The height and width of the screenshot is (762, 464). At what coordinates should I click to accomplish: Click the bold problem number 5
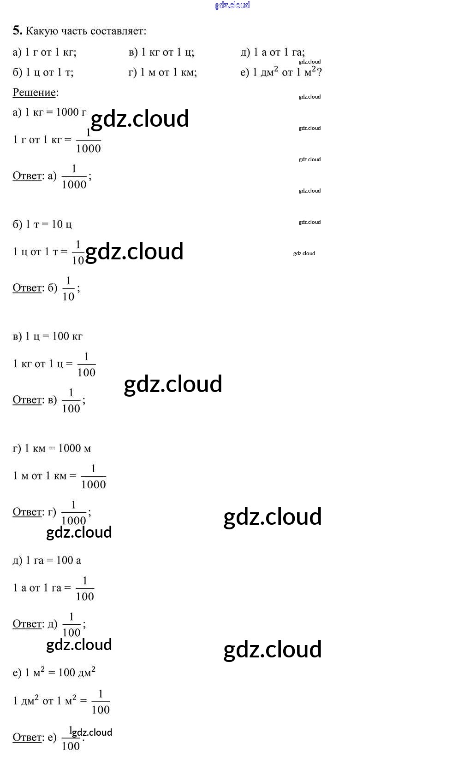pyautogui.click(x=17, y=31)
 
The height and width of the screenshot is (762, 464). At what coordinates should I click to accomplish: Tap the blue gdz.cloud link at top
pyautogui.click(x=232, y=5)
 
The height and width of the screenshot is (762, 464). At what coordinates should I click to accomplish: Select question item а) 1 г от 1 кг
pyautogui.click(x=44, y=52)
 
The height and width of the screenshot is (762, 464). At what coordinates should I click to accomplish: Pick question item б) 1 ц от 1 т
pyautogui.click(x=43, y=72)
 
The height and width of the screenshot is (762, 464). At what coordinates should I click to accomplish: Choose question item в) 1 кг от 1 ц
pyautogui.click(x=161, y=52)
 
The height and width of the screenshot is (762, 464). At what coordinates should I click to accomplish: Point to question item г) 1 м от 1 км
pyautogui.click(x=162, y=72)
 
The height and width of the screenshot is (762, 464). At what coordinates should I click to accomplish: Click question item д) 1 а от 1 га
pyautogui.click(x=272, y=52)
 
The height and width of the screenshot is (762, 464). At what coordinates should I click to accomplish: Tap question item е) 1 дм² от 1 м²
pyautogui.click(x=280, y=72)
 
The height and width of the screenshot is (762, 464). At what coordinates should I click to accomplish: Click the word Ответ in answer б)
pyautogui.click(x=27, y=288)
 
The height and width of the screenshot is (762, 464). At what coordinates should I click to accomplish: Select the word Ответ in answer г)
pyautogui.click(x=27, y=512)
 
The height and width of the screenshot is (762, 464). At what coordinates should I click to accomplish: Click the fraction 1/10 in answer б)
pyautogui.click(x=68, y=289)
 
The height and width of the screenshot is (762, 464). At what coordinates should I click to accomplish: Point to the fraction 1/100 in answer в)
pyautogui.click(x=71, y=400)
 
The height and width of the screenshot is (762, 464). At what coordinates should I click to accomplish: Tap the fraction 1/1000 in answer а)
pyautogui.click(x=74, y=177)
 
